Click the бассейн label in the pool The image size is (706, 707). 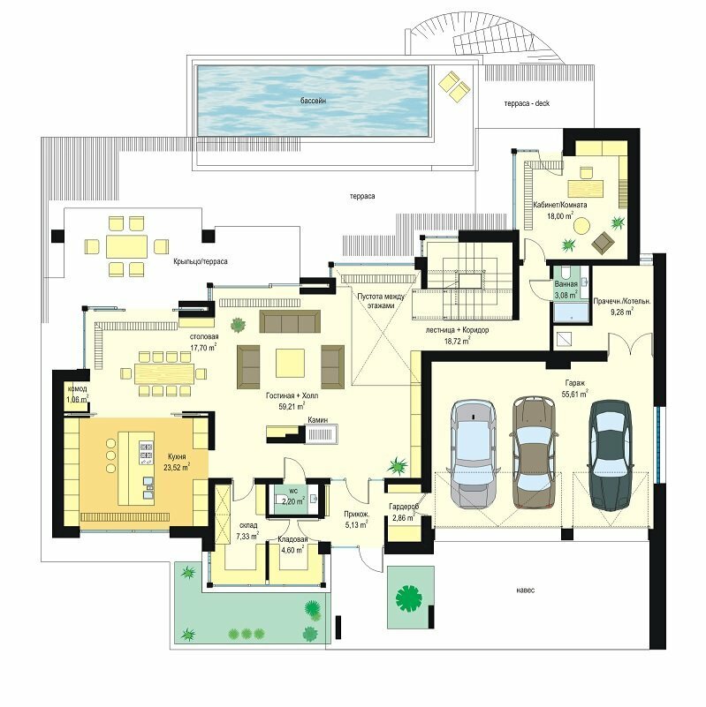[313, 101]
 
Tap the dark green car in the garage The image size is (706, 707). [610, 455]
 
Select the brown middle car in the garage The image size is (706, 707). [533, 452]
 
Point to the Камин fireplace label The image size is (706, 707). [318, 420]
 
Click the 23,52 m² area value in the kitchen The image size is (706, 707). [177, 467]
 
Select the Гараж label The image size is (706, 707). [574, 383]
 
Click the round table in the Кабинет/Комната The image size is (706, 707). [581, 225]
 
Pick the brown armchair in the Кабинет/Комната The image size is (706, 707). [604, 243]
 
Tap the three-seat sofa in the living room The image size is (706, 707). [290, 321]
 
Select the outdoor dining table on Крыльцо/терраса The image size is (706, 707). [127, 246]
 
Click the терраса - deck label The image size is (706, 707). [527, 103]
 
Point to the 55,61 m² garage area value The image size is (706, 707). [574, 394]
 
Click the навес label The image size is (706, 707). [526, 590]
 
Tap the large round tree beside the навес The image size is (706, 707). [408, 598]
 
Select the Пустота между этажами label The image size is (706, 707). [382, 301]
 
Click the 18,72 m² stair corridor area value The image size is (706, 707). [458, 341]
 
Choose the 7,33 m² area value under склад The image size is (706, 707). [247, 536]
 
